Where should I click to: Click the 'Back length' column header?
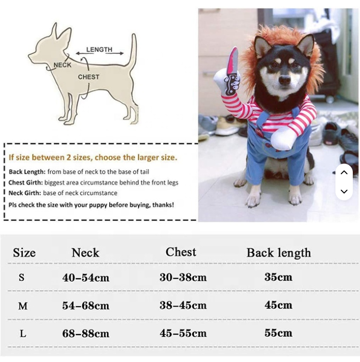[279, 253]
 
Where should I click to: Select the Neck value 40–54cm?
[86, 278]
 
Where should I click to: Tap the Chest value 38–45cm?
[183, 305]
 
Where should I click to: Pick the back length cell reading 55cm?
[278, 333]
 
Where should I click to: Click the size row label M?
[23, 306]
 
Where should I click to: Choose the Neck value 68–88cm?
[86, 334]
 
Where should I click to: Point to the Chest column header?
[180, 252]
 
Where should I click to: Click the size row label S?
[22, 277]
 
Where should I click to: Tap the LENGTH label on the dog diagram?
[99, 50]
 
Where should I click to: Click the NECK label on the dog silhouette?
[63, 65]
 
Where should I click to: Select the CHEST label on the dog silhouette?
[89, 77]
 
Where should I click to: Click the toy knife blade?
[233, 61]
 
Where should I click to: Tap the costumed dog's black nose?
[285, 80]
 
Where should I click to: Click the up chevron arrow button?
[344, 172]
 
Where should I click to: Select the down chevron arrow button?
[344, 192]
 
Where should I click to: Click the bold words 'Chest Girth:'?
[26, 182]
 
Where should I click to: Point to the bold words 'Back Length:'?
[27, 172]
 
